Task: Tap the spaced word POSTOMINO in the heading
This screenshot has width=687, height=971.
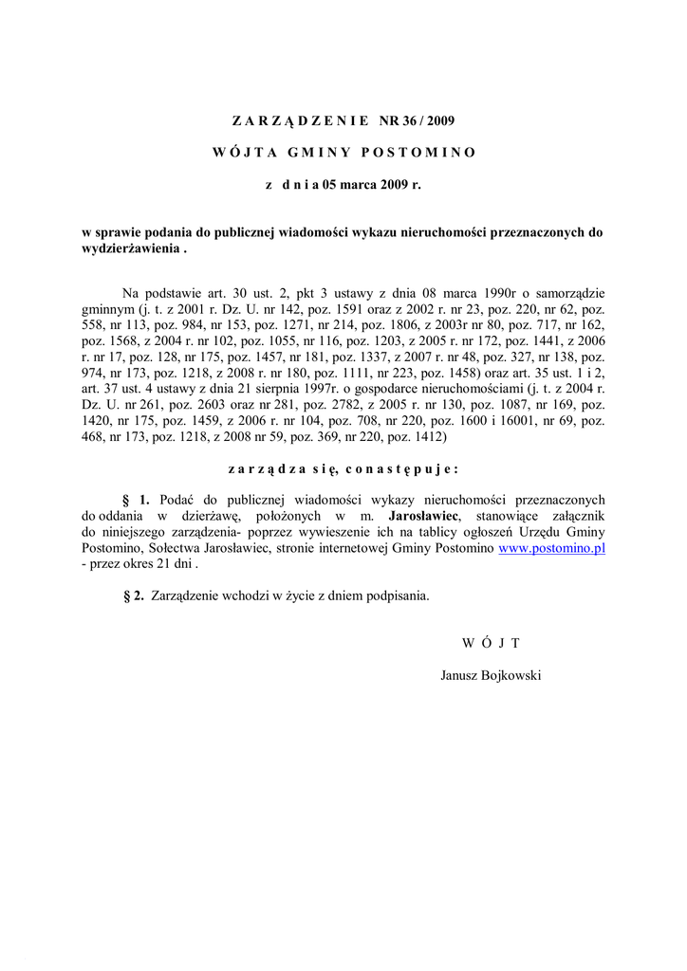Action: click(418, 152)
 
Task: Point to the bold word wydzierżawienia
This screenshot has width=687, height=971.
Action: click(131, 249)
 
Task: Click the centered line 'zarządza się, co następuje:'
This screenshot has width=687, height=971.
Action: click(343, 467)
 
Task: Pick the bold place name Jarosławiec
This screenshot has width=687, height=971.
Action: click(424, 515)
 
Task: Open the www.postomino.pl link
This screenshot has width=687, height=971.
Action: click(551, 548)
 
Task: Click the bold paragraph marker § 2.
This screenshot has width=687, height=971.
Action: click(134, 595)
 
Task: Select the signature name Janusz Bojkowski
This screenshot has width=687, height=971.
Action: click(491, 675)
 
